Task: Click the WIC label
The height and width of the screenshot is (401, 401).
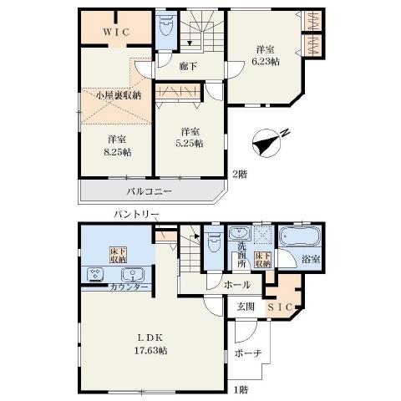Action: pyautogui.click(x=116, y=33)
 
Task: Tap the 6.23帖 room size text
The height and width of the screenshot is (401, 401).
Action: pyautogui.click(x=266, y=62)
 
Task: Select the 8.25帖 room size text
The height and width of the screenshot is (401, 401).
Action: pyautogui.click(x=118, y=152)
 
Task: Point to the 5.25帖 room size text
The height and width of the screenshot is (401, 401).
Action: pyautogui.click(x=190, y=143)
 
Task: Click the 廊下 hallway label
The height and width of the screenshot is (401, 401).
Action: pyautogui.click(x=189, y=66)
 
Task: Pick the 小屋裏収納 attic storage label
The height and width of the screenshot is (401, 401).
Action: pyautogui.click(x=119, y=95)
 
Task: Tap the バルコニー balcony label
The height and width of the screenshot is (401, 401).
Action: pyautogui.click(x=149, y=191)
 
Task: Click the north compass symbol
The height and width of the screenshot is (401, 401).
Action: pyautogui.click(x=268, y=143)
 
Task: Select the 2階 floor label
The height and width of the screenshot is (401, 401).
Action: pyautogui.click(x=240, y=175)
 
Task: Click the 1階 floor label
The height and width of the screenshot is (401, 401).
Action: pyautogui.click(x=241, y=390)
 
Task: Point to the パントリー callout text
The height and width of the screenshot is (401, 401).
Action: pyautogui.click(x=136, y=214)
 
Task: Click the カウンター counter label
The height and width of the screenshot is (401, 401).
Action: pyautogui.click(x=129, y=287)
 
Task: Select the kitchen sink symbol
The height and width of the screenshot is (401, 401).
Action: pyautogui.click(x=133, y=275)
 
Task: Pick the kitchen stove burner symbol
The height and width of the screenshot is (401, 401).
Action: pyautogui.click(x=95, y=275)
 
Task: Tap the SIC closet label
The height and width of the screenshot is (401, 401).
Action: pyautogui.click(x=280, y=307)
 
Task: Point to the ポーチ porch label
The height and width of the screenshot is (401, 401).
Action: pyautogui.click(x=248, y=353)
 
